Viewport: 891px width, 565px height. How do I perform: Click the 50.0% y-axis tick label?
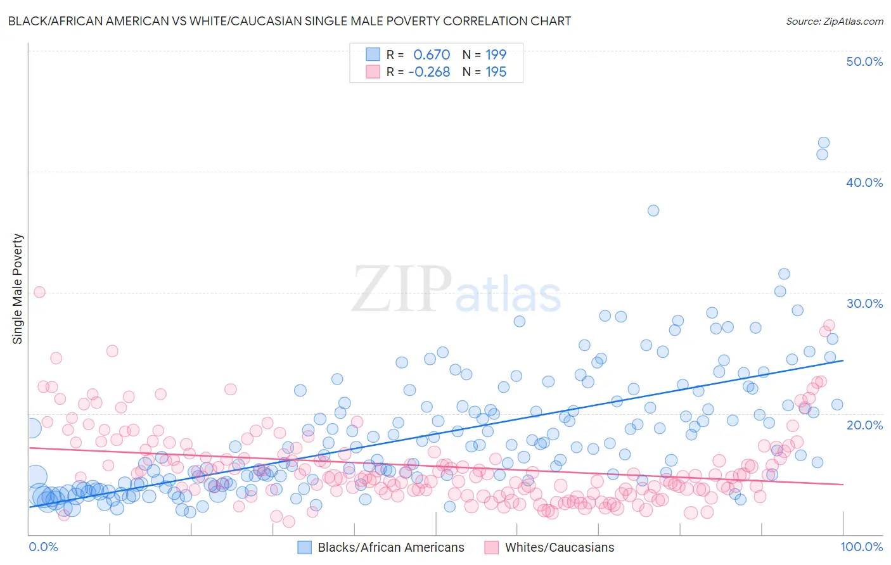(x=864, y=61)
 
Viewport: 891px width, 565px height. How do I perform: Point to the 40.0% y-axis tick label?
(x=864, y=182)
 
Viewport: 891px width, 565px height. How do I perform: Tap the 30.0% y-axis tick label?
(x=864, y=303)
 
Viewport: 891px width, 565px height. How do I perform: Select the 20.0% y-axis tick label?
(x=864, y=424)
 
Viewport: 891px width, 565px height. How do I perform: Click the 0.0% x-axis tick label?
(x=43, y=547)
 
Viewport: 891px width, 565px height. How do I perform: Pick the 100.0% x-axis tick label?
(x=861, y=547)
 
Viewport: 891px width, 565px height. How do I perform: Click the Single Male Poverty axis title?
(x=18, y=289)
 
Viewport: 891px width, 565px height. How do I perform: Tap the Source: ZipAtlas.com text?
(x=834, y=21)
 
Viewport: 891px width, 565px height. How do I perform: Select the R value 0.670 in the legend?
(x=432, y=54)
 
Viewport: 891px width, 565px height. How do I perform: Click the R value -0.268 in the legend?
(x=429, y=72)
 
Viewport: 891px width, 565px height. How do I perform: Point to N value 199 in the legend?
(x=496, y=54)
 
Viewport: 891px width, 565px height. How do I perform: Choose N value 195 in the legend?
(x=496, y=72)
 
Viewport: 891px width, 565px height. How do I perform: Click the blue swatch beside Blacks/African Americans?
(x=305, y=547)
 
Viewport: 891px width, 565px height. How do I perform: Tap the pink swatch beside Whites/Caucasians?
(x=492, y=547)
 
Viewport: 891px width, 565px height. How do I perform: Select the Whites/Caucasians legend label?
(x=560, y=547)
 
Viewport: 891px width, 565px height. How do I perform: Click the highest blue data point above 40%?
(x=823, y=143)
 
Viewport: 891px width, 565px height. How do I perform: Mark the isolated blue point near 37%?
(x=653, y=210)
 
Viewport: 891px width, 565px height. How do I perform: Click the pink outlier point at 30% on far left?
(x=39, y=292)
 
